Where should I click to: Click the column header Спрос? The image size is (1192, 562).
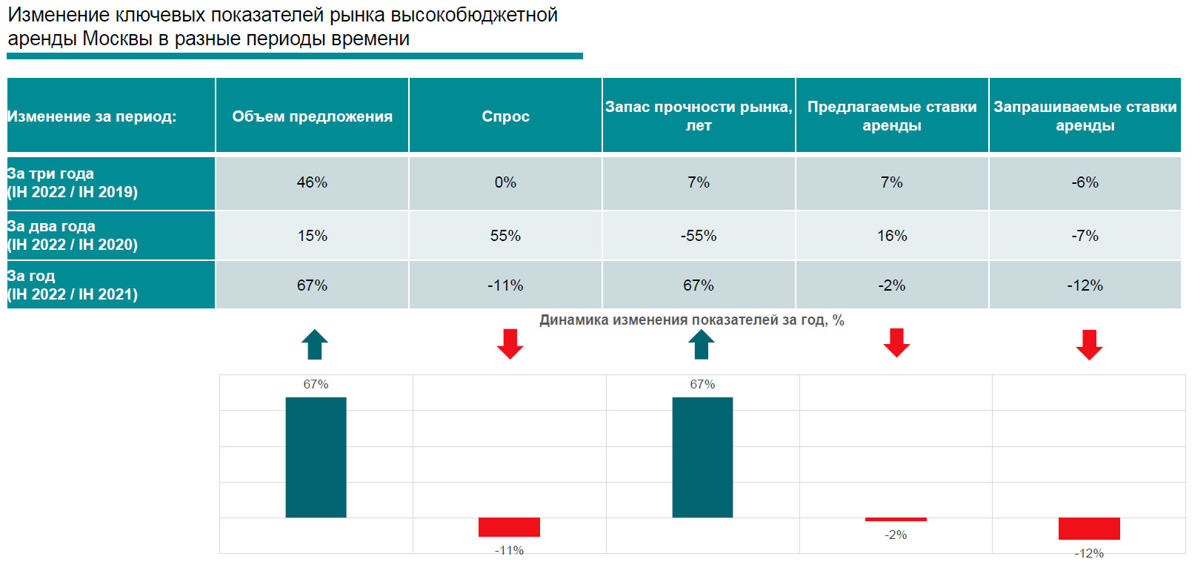coord(505,116)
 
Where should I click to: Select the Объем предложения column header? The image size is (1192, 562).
coord(312,116)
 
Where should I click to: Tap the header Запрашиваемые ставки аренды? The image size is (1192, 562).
coord(1085,116)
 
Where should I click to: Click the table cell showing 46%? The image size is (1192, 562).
coord(312,182)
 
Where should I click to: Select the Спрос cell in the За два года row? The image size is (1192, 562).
coord(505,236)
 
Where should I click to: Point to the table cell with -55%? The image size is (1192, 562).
coord(698,236)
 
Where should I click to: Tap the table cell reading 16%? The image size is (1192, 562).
coord(892,236)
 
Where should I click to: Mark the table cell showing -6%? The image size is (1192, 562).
coord(1085,182)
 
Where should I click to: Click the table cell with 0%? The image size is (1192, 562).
coord(505,182)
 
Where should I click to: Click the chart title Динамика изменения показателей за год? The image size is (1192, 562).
coord(691,320)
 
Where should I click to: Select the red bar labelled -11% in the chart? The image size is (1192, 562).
coord(509,527)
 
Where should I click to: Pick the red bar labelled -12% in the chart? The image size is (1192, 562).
coord(1089,529)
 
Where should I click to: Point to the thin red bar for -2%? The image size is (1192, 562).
coord(896,519)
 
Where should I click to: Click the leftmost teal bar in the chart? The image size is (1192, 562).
coord(316,457)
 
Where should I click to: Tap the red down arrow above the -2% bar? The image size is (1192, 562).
coord(896,343)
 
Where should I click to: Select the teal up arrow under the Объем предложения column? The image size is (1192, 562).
coord(315,345)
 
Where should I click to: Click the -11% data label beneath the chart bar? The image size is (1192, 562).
coord(509,550)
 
